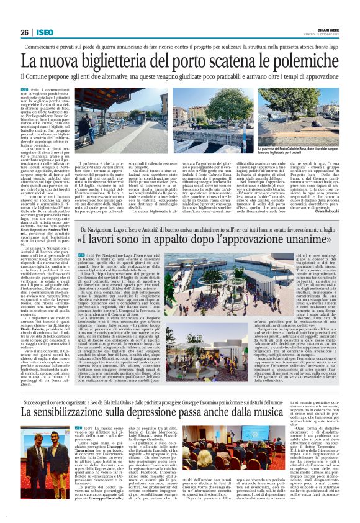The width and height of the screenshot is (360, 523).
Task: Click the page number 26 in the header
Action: [x=25, y=32]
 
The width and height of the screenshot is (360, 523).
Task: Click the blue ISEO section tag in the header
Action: [x=45, y=32]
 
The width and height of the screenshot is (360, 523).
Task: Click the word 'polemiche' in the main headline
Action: [x=294, y=62]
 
